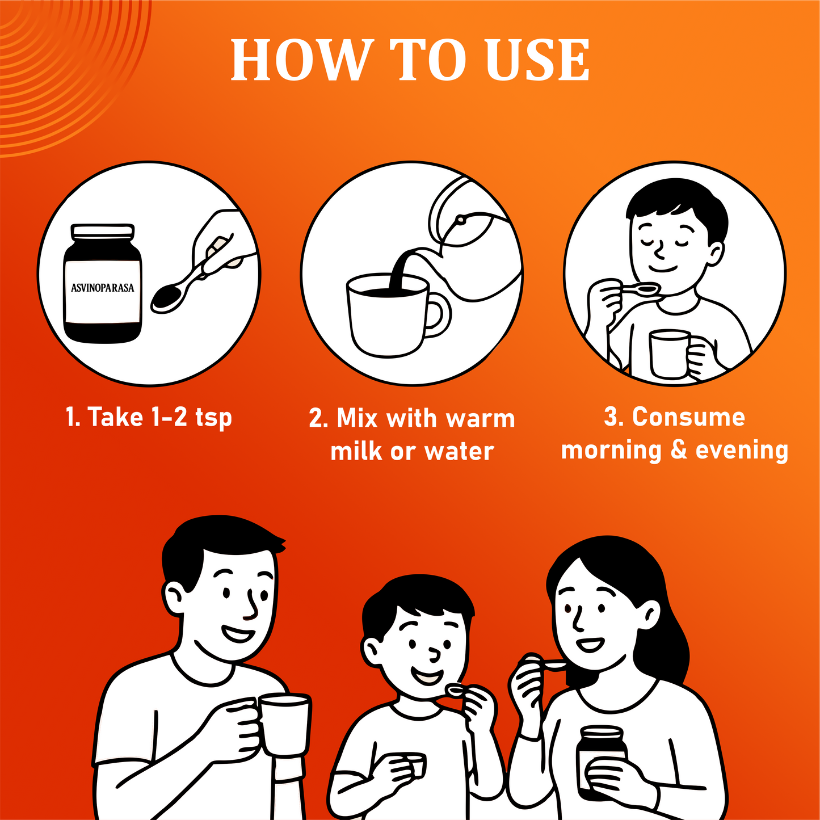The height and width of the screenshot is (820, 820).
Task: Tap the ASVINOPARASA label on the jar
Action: coord(102,288)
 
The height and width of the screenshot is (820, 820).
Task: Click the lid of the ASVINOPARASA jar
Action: coord(103,230)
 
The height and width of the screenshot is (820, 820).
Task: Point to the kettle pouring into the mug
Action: coord(472,238)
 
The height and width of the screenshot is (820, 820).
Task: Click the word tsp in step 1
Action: coord(213,418)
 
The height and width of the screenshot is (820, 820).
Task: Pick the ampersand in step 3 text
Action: coord(679,450)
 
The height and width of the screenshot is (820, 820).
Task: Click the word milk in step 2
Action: coord(356,451)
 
